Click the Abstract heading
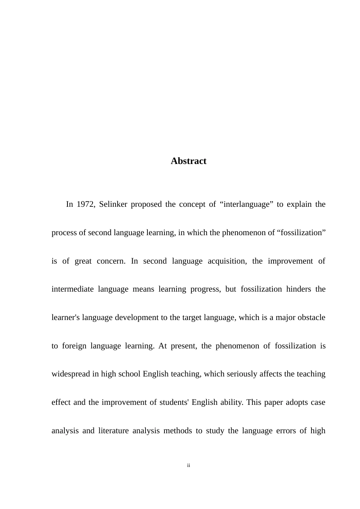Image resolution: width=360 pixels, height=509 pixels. [188, 161]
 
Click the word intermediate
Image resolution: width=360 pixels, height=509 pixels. [72, 289]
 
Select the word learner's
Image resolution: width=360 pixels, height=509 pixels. [65, 317]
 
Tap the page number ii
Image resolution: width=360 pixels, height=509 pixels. [188, 465]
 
